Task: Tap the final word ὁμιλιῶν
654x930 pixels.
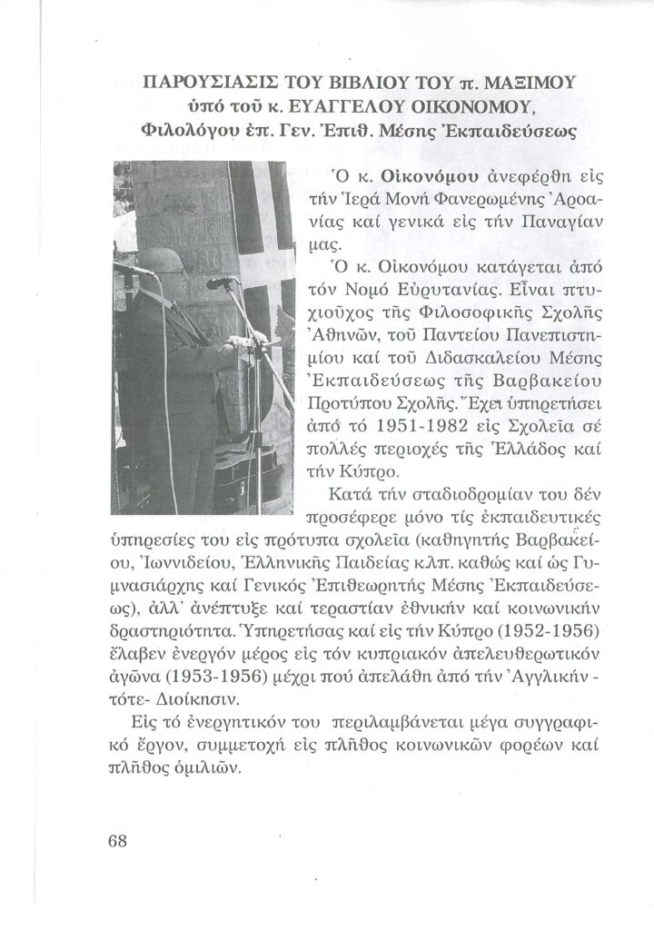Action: pyautogui.click(x=223, y=767)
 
